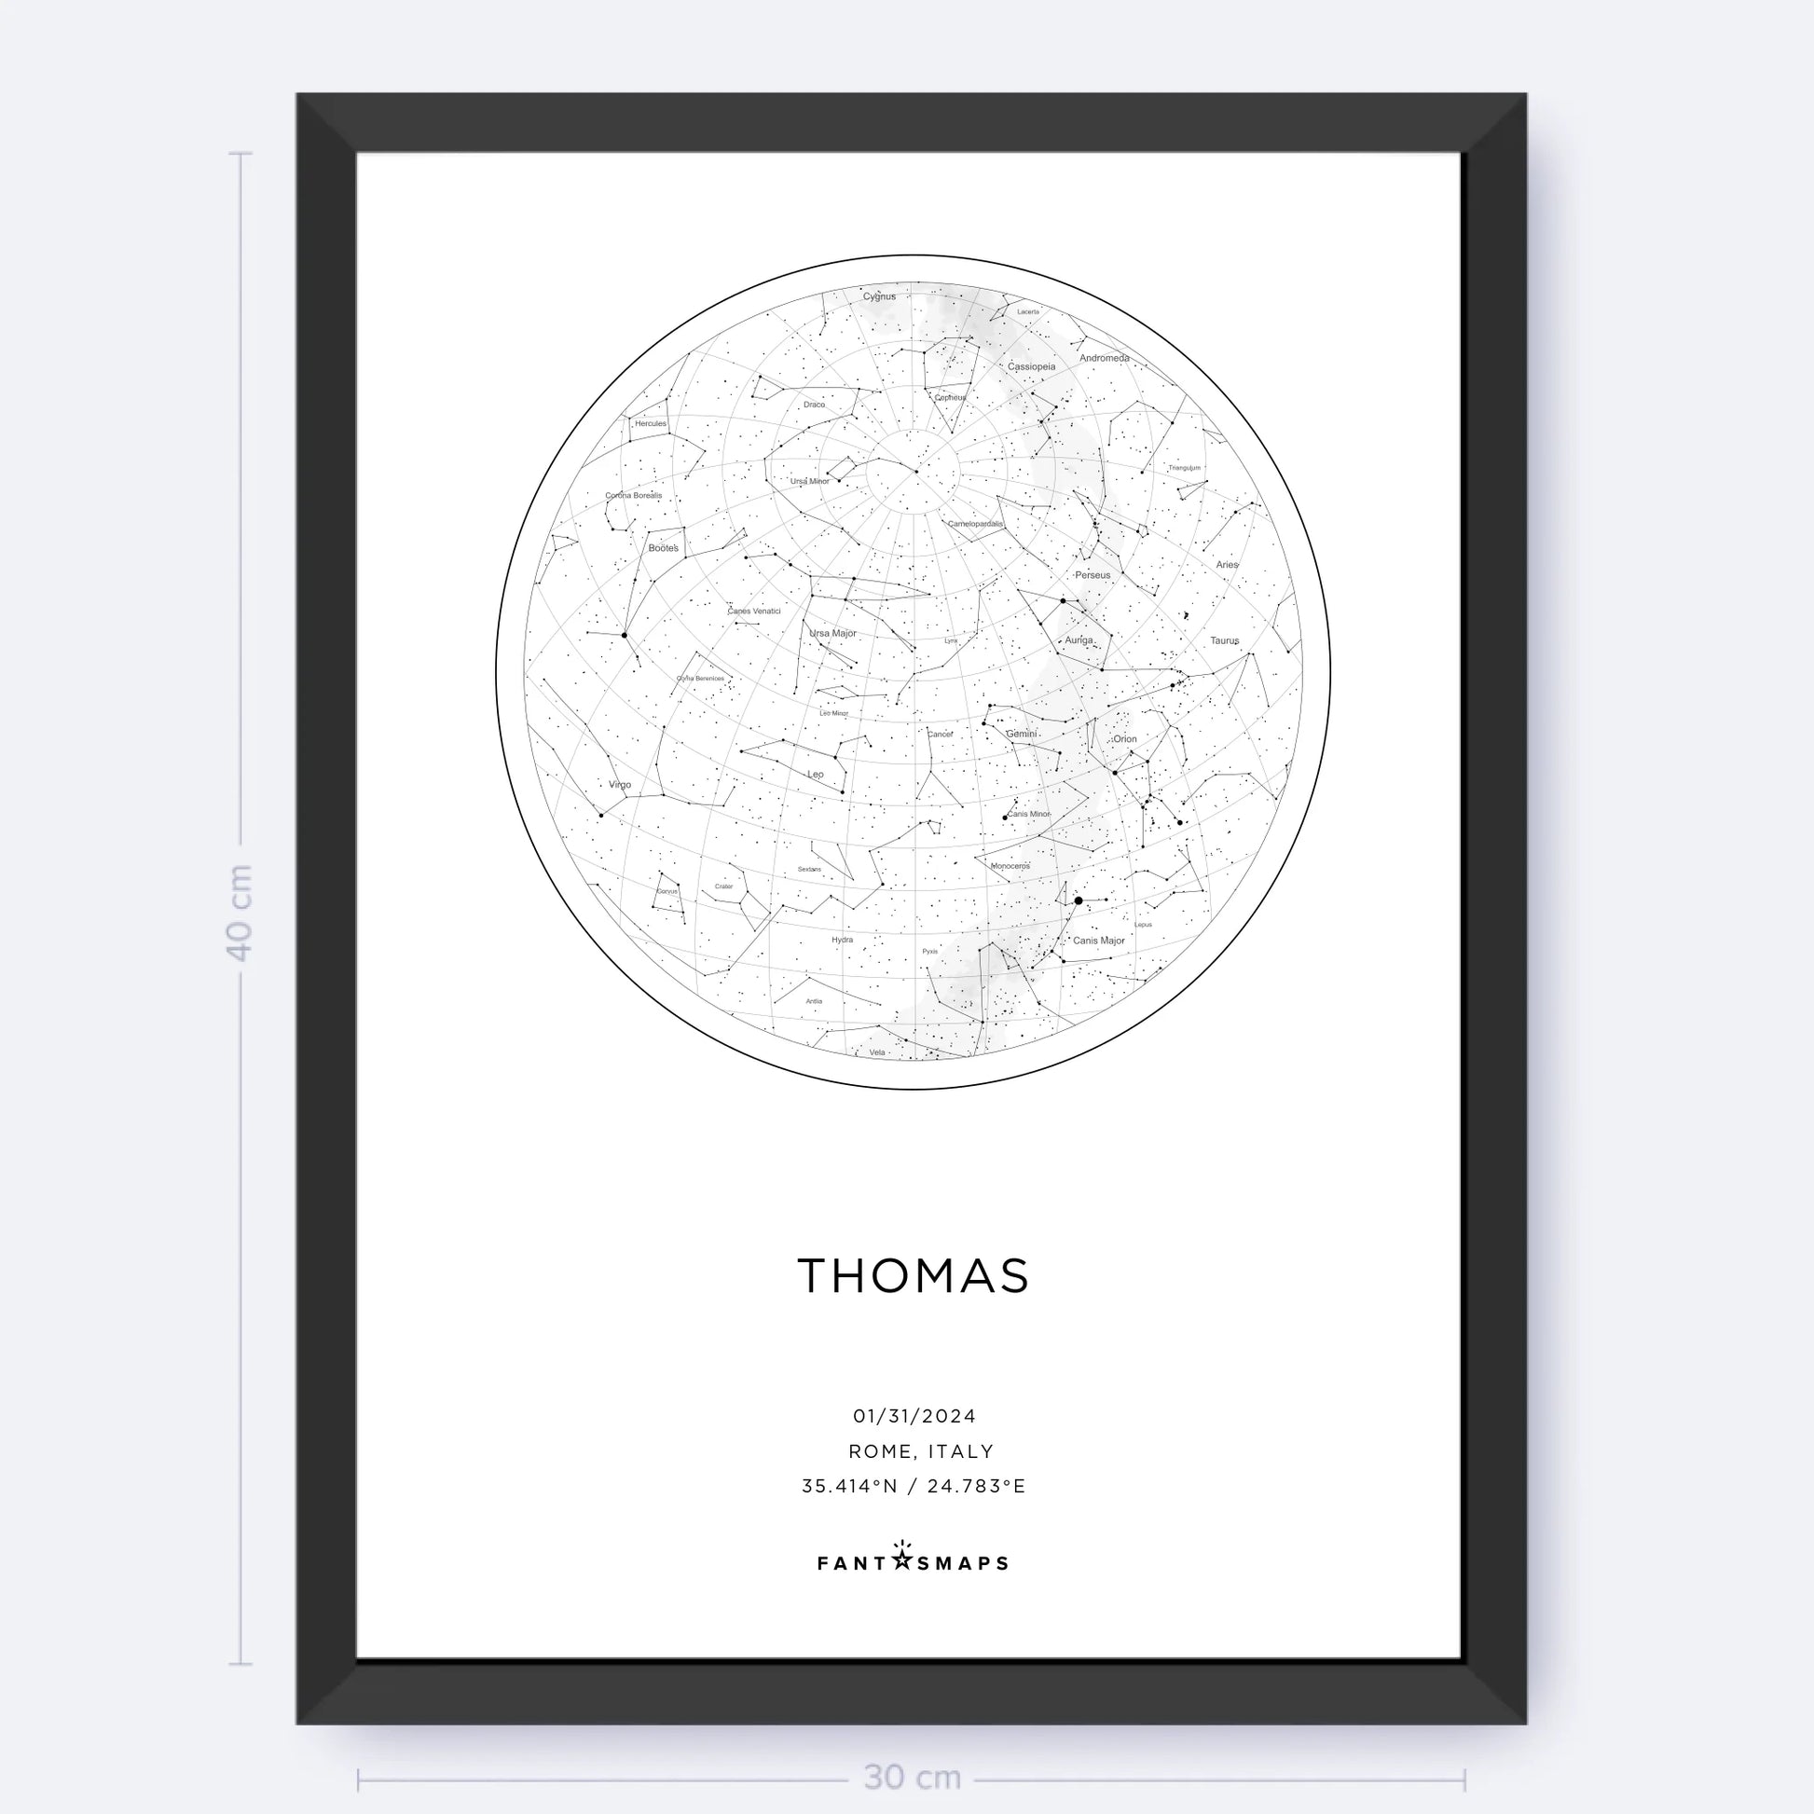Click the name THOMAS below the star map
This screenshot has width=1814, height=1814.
tap(913, 1277)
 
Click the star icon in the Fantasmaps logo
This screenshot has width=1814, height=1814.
tap(901, 1560)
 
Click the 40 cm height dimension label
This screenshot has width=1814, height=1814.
tap(240, 912)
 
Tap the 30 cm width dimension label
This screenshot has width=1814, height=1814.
tap(912, 1778)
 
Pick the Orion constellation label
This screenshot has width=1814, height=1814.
tap(1125, 739)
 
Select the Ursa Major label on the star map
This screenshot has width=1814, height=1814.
tap(832, 634)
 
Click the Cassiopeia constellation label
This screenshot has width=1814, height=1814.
tap(1032, 367)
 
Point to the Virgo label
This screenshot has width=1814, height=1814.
tap(620, 785)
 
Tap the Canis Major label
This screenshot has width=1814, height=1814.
tap(1098, 940)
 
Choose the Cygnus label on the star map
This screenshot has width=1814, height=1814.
tap(880, 296)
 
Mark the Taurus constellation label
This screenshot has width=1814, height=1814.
tap(1224, 640)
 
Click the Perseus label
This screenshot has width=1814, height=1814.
tap(1093, 574)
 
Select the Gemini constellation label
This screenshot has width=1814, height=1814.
tap(1022, 734)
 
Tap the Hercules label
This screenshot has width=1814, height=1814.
tap(651, 423)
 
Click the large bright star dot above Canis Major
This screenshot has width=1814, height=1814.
tap(1079, 900)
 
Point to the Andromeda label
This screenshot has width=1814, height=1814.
tap(1105, 358)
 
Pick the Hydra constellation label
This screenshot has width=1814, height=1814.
tap(843, 940)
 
